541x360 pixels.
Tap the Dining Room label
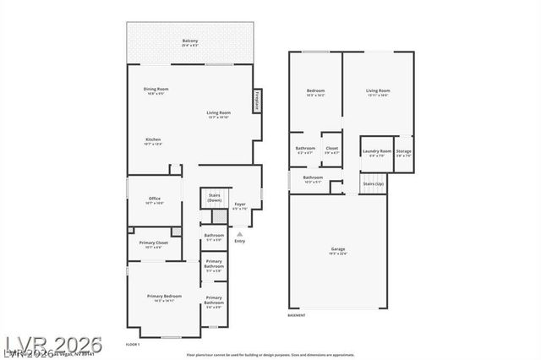156,90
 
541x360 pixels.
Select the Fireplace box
257,101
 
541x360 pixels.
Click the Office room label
153,200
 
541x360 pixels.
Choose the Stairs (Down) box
214,199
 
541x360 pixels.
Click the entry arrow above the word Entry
240,233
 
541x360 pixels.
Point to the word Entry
240,242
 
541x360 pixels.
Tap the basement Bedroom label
315,92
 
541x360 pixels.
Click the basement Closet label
332,150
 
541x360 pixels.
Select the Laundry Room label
377,152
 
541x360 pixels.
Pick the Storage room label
404,152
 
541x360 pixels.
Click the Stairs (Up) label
373,183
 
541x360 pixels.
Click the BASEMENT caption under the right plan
297,315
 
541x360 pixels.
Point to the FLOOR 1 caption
133,344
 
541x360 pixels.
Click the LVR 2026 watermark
52,345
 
